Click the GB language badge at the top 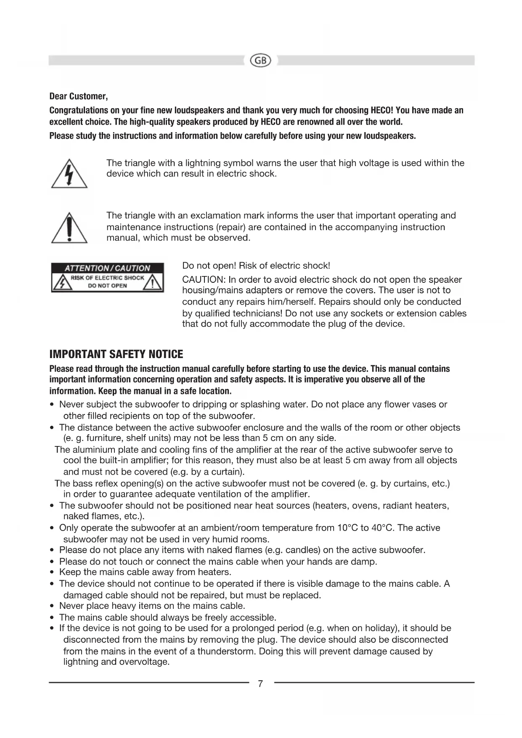[x=261, y=61]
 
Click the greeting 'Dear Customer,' [x=79, y=96]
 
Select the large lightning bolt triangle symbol [x=69, y=174]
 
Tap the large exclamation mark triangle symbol [x=69, y=228]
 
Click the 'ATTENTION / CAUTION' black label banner [x=107, y=268]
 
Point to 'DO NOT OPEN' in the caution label [x=107, y=286]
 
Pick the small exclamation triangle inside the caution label [x=153, y=283]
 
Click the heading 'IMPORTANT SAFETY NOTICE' [x=116, y=354]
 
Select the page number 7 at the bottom [x=261, y=684]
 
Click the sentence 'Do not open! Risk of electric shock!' [x=256, y=266]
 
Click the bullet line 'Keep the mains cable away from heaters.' [x=145, y=572]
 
